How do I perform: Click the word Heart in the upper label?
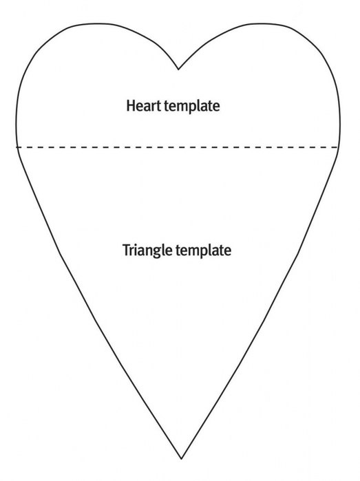tap(144, 105)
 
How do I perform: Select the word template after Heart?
tap(192, 106)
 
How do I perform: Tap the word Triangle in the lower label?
tap(147, 250)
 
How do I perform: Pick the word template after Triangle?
tap(204, 250)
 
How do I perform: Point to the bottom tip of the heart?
tap(182, 459)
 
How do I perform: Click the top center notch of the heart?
tap(178, 70)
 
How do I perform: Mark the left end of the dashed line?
tap(17, 147)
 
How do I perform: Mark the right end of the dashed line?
tap(337, 147)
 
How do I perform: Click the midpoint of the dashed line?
tap(177, 147)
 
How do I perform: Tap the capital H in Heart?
tap(130, 105)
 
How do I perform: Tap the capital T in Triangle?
tap(126, 250)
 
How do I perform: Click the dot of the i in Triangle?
tap(138, 244)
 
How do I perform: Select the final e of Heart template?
tap(216, 107)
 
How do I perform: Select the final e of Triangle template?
tap(228, 252)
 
